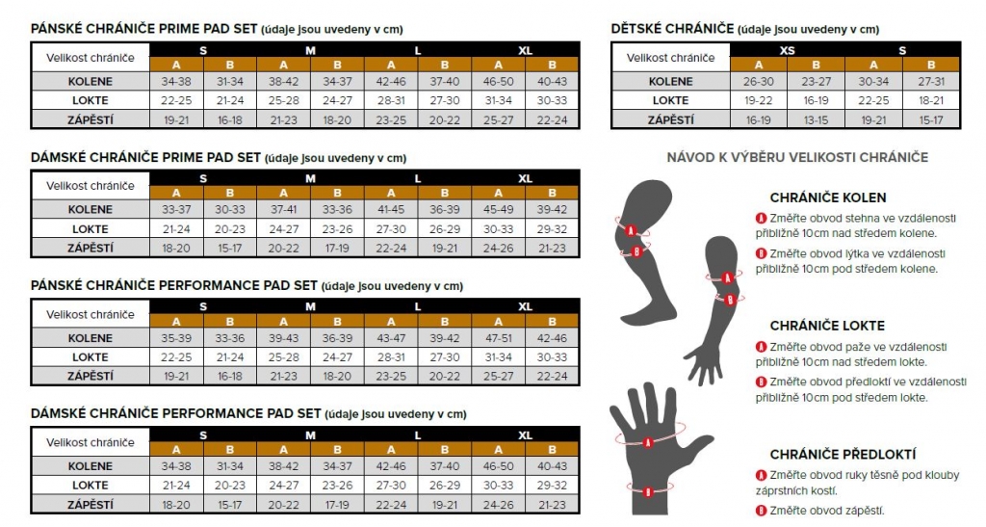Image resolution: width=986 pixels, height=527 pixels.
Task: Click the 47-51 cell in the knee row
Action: [498, 338]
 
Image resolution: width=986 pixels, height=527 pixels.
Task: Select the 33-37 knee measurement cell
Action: [176, 209]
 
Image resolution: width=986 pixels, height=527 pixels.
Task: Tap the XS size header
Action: [787, 50]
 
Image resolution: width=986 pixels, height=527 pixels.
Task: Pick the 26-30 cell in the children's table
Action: [758, 82]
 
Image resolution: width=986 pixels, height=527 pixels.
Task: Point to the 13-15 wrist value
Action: [816, 120]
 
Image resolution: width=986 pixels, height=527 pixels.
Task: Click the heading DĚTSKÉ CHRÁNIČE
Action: [672, 29]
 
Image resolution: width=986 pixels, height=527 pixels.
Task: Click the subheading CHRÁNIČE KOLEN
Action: [827, 198]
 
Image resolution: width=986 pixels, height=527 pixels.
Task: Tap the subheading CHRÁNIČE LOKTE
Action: [827, 326]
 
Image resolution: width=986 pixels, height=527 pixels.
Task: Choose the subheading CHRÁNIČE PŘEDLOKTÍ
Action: [843, 454]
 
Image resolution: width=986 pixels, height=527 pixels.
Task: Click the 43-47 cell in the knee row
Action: [391, 338]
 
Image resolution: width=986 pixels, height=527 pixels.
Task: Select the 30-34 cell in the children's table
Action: [873, 82]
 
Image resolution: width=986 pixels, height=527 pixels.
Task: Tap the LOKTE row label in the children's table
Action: [670, 100]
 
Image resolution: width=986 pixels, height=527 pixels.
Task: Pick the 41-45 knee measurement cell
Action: [391, 209]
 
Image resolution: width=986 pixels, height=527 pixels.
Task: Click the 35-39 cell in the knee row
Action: [176, 338]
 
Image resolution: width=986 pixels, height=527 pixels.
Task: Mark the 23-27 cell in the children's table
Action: [816, 82]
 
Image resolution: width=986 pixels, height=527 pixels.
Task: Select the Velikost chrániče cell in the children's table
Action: [670, 58]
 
